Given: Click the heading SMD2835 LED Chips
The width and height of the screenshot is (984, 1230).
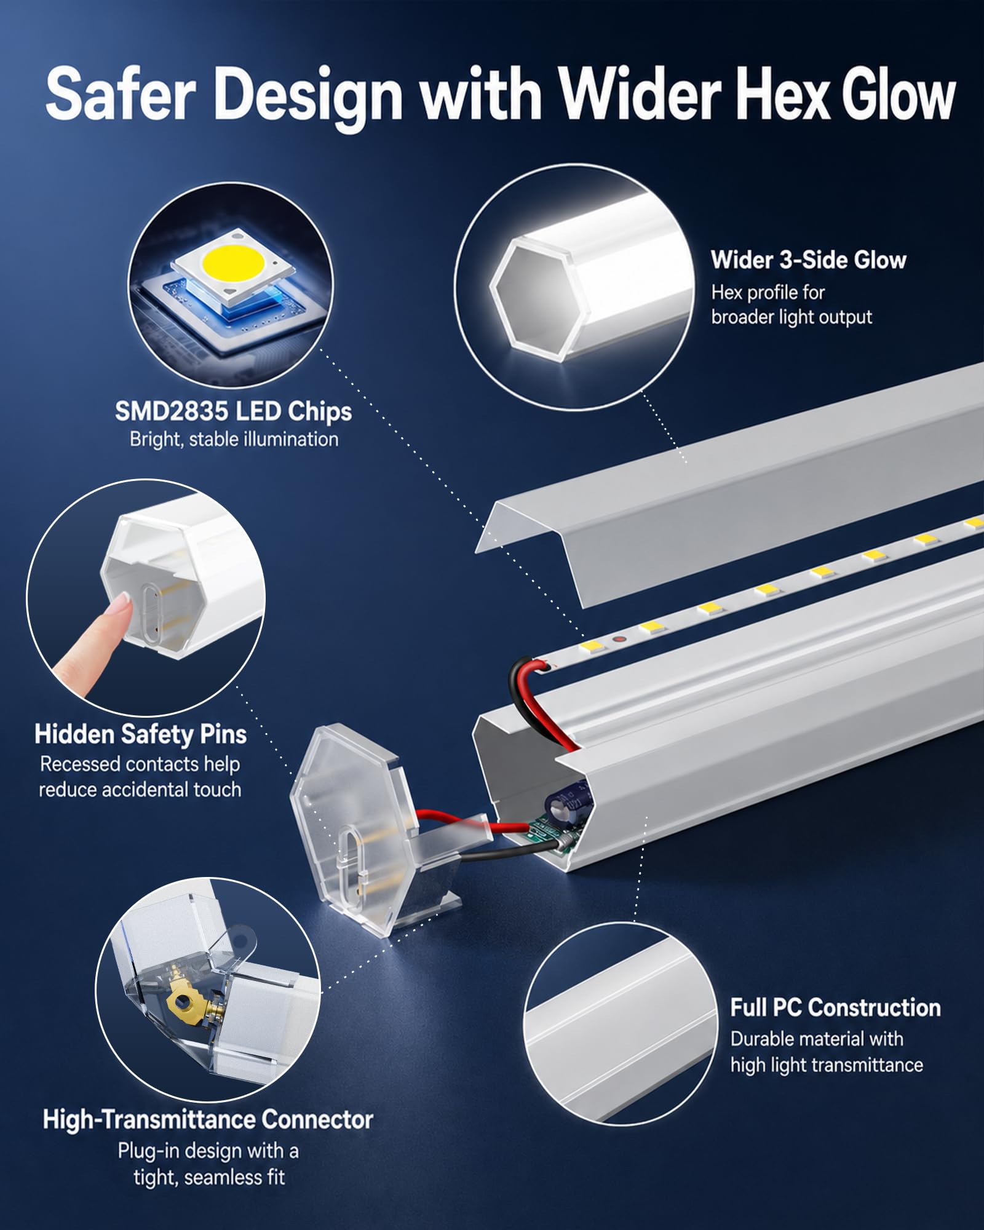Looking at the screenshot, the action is coord(233,411).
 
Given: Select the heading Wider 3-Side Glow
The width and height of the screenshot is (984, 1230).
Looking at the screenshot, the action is coord(809,260).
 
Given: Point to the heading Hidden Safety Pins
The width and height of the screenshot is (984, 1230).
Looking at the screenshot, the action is coord(141,734).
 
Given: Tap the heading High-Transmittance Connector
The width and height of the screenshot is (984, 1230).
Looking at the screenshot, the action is coord(208,1119).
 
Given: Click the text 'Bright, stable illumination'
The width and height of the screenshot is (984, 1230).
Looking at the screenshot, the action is coord(234,439).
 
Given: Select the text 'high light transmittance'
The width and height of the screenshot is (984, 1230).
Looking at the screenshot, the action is coord(827,1065).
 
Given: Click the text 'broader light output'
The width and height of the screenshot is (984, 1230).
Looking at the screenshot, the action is coord(792,317).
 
